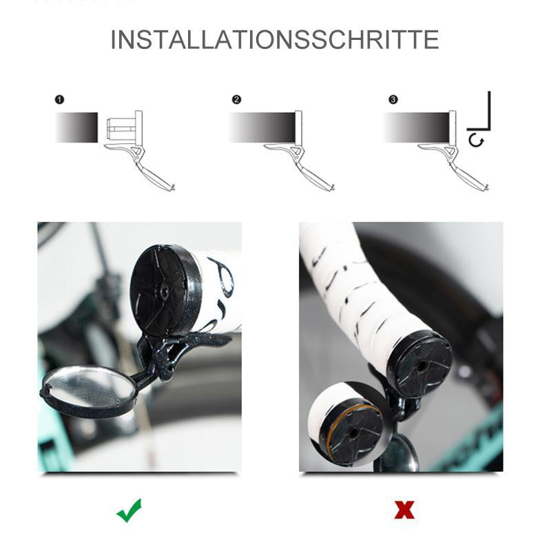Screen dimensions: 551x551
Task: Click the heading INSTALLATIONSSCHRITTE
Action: pyautogui.click(x=275, y=39)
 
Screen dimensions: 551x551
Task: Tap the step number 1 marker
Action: pyautogui.click(x=60, y=100)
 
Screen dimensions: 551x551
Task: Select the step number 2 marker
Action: pyautogui.click(x=236, y=100)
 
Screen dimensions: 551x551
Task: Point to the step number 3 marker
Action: pyautogui.click(x=393, y=100)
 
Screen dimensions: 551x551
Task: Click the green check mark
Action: pyautogui.click(x=129, y=510)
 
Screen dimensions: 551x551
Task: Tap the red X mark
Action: pyautogui.click(x=404, y=510)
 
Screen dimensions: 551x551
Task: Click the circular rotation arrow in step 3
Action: pyautogui.click(x=475, y=141)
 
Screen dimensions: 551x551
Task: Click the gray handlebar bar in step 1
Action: pyautogui.click(x=76, y=127)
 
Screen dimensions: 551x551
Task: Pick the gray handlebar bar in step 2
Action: pyautogui.click(x=262, y=127)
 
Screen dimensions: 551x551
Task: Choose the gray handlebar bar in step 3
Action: pyautogui.click(x=416, y=127)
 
